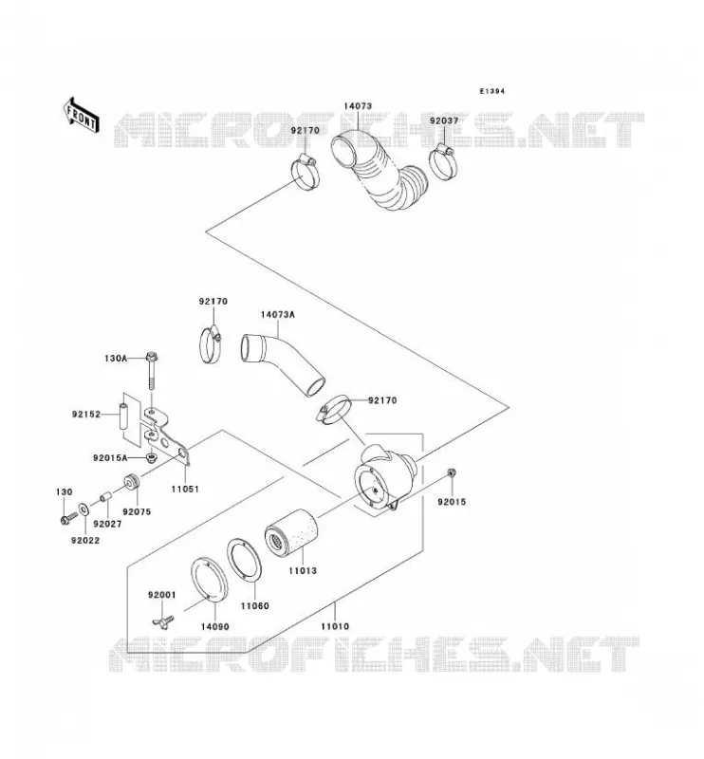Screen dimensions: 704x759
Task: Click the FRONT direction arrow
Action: (81, 115)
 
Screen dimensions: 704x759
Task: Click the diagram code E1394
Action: (491, 91)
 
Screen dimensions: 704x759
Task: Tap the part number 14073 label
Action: (358, 106)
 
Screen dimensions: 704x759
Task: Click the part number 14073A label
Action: (277, 315)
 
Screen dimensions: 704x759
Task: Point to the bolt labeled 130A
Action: (152, 371)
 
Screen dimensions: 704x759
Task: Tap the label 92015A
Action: (110, 458)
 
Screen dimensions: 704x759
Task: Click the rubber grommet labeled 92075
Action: (132, 482)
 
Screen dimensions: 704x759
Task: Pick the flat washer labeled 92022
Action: (83, 509)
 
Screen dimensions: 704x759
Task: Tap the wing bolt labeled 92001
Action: (162, 620)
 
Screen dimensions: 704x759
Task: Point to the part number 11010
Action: (335, 626)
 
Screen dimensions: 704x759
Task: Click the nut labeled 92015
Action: (452, 472)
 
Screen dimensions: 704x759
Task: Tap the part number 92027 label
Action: (107, 525)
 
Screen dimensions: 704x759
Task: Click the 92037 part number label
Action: (444, 121)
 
